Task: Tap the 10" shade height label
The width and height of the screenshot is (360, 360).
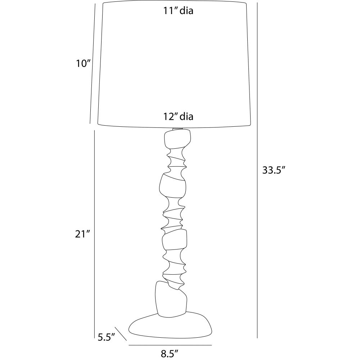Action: point(82,64)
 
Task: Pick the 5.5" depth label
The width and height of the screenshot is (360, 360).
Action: point(106,337)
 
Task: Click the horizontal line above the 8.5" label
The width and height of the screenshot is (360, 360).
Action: point(170,345)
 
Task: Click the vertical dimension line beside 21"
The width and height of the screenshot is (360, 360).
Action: point(94,234)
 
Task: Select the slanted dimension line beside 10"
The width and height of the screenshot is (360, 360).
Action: point(92,64)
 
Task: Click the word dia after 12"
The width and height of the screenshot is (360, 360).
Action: point(186,117)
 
